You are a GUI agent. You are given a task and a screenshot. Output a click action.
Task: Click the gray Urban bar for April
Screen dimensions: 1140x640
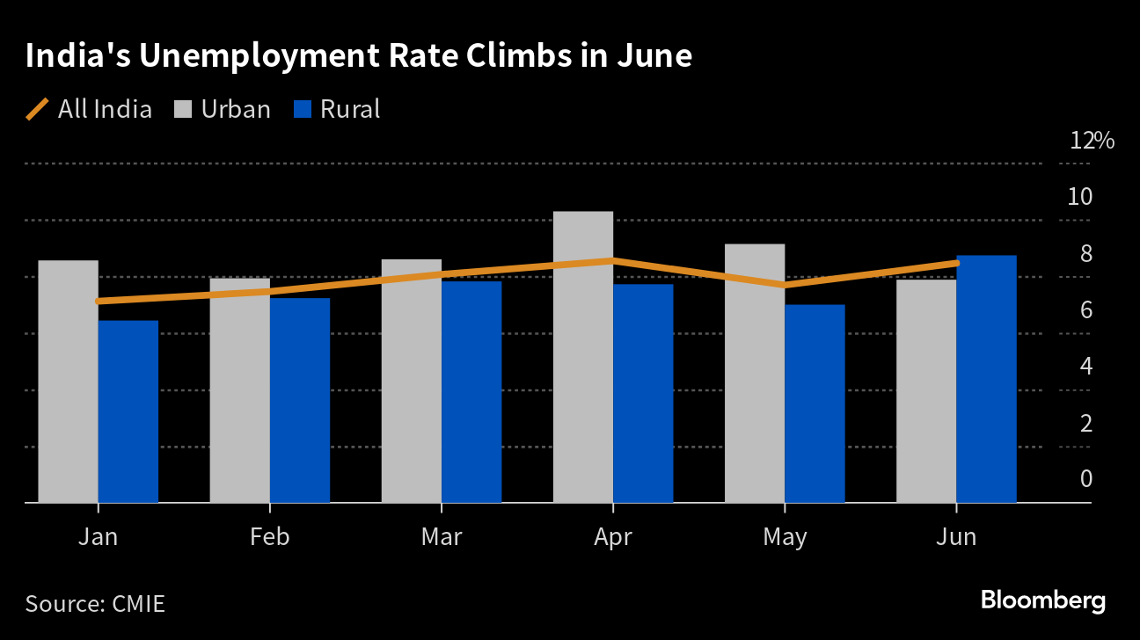[x=582, y=357]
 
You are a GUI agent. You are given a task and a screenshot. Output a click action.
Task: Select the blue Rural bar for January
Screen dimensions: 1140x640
[x=128, y=411]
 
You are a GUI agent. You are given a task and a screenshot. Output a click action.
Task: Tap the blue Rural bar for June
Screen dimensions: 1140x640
[x=986, y=379]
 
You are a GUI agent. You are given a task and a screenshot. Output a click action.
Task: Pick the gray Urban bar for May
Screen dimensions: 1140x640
[x=755, y=374]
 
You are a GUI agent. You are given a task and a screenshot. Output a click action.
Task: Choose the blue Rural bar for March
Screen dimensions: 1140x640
[x=471, y=392]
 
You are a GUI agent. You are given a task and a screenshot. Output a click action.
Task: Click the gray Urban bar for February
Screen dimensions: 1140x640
[x=240, y=390]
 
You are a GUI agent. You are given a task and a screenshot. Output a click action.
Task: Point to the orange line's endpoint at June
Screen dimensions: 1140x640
[x=957, y=263]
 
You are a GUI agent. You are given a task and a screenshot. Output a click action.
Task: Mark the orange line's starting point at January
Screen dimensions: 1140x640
[x=99, y=302]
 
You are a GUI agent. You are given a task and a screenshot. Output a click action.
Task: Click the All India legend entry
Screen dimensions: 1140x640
[x=89, y=109]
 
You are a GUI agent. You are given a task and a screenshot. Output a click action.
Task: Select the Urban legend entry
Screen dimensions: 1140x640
[x=223, y=109]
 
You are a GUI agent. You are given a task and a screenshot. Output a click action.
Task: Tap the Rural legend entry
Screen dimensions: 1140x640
[x=337, y=109]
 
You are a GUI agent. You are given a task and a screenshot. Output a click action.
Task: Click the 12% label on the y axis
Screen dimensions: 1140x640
[x=1092, y=140]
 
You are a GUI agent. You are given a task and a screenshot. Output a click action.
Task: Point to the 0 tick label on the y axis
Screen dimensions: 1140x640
[x=1086, y=479]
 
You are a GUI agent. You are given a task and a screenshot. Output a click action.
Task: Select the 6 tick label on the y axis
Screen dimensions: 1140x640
[x=1086, y=309]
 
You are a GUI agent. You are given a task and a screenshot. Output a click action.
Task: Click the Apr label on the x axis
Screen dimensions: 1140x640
[x=613, y=538]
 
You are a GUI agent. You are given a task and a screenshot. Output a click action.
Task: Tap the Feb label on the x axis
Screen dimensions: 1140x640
[x=270, y=537]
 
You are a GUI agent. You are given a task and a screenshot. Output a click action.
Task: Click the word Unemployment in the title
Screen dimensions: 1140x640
[x=259, y=56]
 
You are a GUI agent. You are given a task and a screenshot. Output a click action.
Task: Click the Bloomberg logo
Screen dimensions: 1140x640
[x=1043, y=601]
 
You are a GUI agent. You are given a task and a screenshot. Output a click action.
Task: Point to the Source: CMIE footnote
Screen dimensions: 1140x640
[x=95, y=604]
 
